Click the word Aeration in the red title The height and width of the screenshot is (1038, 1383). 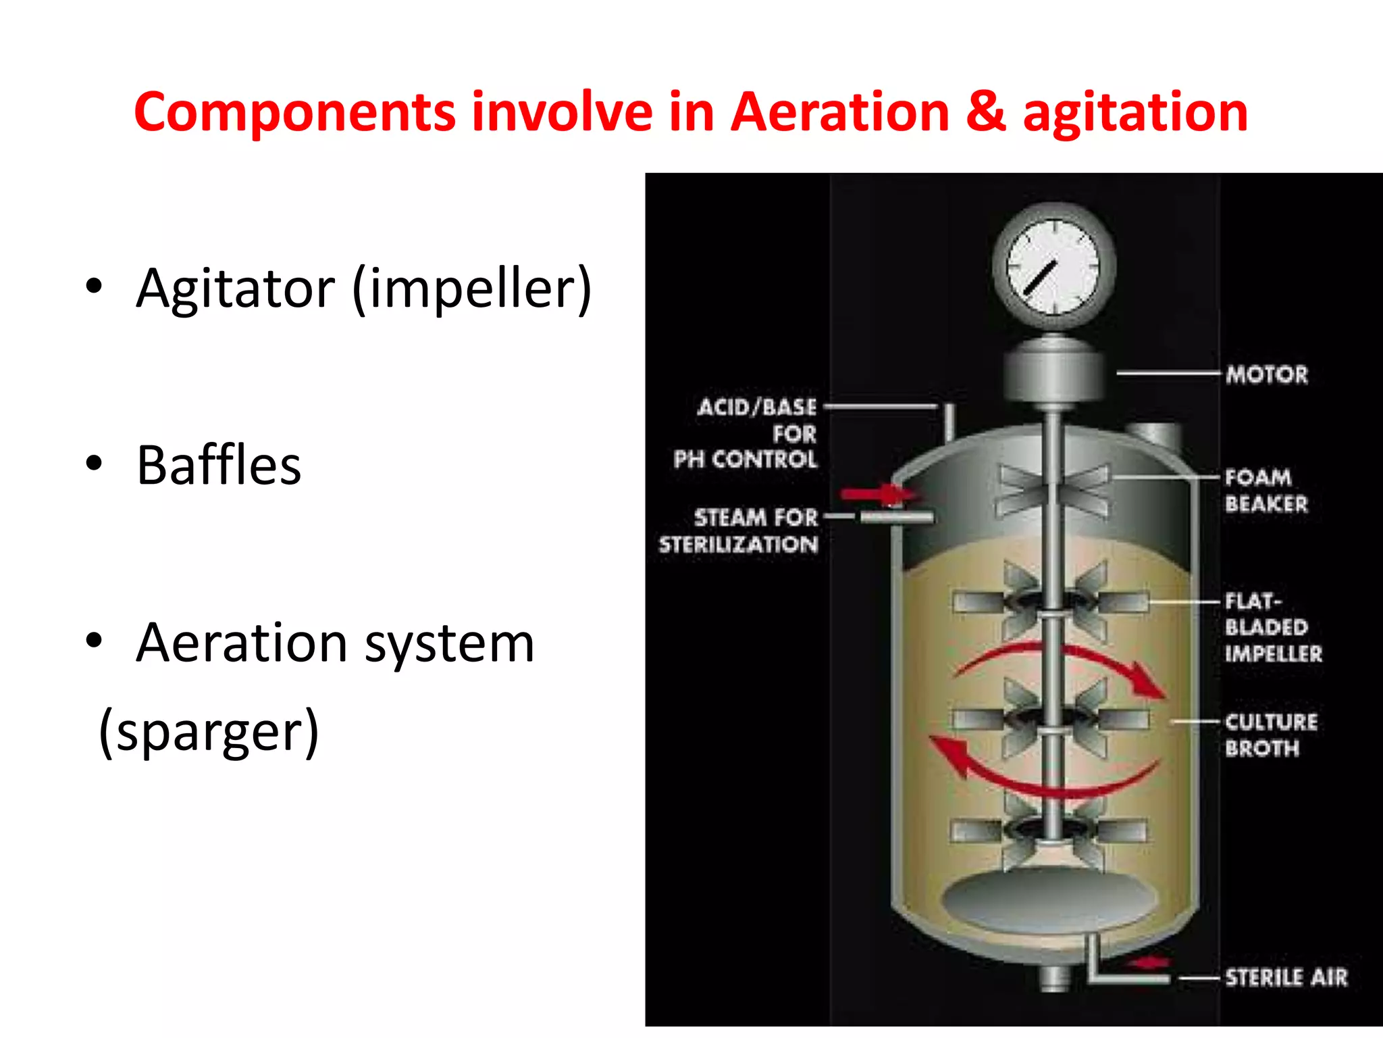tap(840, 112)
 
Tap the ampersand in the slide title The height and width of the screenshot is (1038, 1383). tap(985, 112)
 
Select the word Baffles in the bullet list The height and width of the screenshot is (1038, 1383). tap(219, 466)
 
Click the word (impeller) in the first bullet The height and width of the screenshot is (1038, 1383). tap(472, 289)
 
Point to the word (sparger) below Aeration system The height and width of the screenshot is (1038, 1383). tap(209, 732)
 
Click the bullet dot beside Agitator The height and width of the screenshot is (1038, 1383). tap(94, 287)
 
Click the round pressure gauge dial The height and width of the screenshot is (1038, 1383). tap(1053, 266)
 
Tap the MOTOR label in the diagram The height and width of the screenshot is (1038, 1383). tap(1267, 374)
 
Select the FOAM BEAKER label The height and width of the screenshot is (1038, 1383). tap(1265, 490)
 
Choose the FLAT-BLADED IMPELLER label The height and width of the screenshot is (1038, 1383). tap(1272, 627)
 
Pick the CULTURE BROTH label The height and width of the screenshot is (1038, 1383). tap(1270, 735)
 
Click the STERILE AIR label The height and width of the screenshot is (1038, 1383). tap(1286, 977)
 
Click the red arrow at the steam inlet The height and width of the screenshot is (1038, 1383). tap(877, 495)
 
